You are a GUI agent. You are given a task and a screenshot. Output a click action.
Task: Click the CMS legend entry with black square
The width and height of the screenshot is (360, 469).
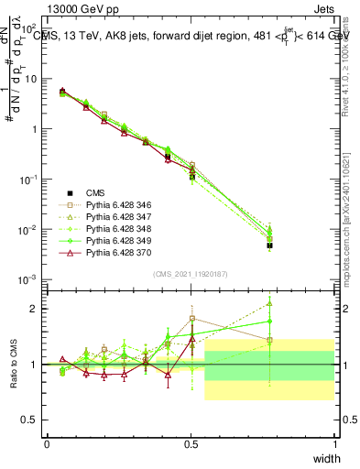coord(95,193)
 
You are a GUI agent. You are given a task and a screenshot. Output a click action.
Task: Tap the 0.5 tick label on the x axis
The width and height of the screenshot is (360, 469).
coord(191,442)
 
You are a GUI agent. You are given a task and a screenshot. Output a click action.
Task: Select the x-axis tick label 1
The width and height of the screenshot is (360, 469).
coord(334,442)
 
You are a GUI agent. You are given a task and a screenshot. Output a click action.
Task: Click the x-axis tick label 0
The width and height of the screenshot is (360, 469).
coord(47,442)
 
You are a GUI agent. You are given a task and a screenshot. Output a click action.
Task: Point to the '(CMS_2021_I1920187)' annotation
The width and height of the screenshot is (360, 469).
coord(190,274)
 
